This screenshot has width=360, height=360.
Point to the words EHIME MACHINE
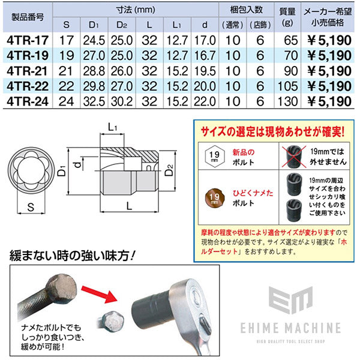pos(289,328)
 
